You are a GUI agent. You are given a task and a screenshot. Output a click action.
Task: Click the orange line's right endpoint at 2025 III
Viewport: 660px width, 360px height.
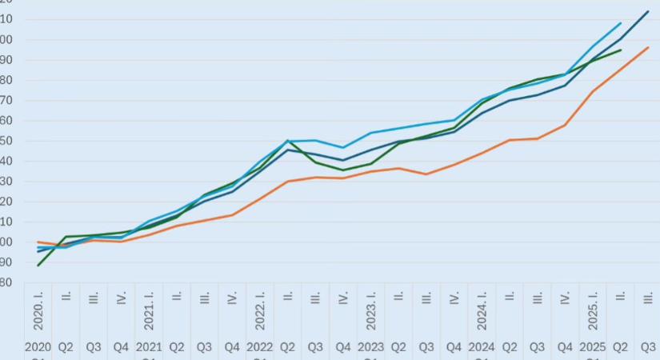click(x=648, y=47)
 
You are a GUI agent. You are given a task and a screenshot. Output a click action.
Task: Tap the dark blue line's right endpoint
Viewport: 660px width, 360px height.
click(x=648, y=11)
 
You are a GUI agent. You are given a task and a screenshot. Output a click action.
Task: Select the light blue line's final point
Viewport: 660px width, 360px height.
click(x=621, y=23)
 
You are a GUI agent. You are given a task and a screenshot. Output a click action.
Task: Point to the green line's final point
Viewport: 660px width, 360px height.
click(x=621, y=50)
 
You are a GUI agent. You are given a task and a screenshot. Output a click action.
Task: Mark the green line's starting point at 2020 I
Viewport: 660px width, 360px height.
click(x=38, y=265)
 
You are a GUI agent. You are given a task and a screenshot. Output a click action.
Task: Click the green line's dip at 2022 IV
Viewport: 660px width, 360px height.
click(x=343, y=170)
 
